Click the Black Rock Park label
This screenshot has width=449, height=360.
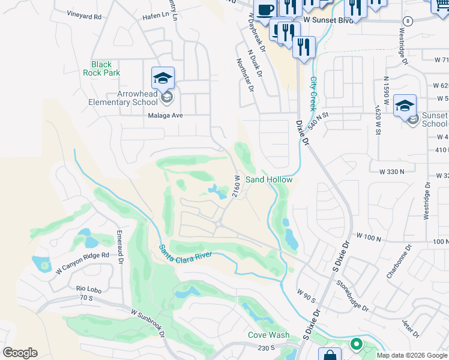pos(106,68)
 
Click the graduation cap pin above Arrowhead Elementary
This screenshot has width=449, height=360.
pos(163,79)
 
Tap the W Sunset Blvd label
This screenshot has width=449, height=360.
pos(329,20)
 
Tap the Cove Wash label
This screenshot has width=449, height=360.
pos(269,335)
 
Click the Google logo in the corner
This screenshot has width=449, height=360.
pos(20,353)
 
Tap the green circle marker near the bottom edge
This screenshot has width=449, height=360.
pos(356,344)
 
